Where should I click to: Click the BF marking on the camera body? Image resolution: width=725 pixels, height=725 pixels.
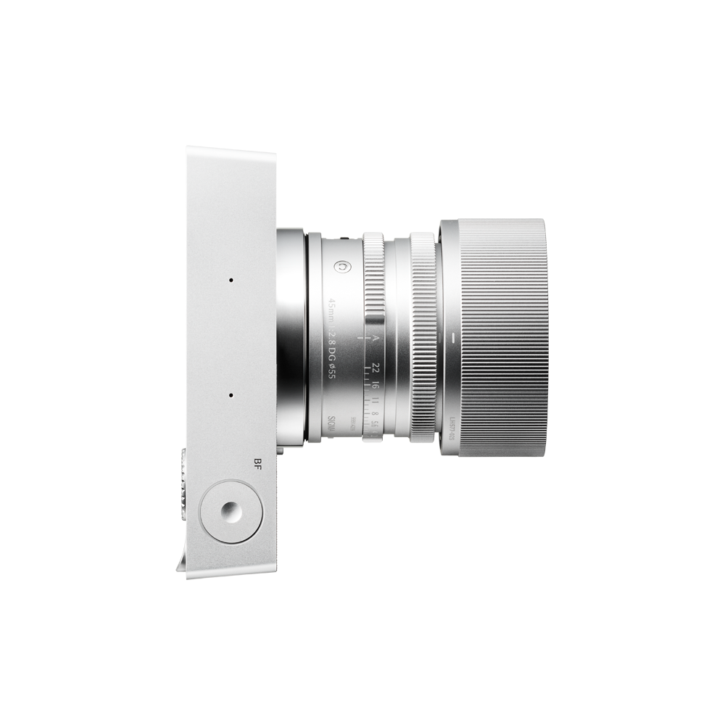click(253, 467)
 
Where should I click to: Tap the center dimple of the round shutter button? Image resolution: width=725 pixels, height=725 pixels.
click(231, 513)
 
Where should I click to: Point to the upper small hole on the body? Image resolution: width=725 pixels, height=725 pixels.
click(231, 279)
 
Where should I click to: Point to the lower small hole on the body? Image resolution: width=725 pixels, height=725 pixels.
click(231, 396)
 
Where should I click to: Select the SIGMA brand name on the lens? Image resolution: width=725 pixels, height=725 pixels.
click(331, 424)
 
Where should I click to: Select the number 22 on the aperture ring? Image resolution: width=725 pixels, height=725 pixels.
click(374, 368)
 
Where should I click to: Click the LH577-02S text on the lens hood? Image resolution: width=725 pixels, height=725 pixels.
click(450, 427)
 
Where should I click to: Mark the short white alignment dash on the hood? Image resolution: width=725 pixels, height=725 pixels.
click(450, 338)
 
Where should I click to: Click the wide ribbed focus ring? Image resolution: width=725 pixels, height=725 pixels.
click(423, 337)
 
